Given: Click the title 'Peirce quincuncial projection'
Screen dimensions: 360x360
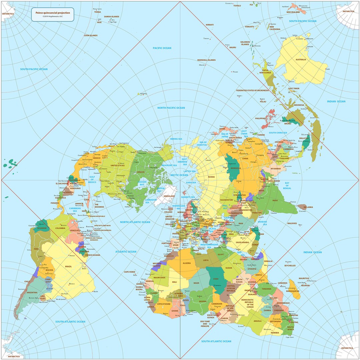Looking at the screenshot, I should [53, 13].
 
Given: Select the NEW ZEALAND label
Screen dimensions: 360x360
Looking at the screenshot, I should [293, 12].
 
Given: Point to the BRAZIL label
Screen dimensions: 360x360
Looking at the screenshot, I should [68, 267].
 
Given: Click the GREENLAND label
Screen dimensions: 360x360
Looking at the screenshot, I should [169, 196].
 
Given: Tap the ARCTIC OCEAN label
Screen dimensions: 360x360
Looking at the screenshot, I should [179, 175].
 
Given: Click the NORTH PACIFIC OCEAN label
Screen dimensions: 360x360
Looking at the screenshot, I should [171, 108].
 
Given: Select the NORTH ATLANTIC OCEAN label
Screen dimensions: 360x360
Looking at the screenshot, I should [135, 222].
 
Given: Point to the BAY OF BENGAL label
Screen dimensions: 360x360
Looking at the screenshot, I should [287, 186].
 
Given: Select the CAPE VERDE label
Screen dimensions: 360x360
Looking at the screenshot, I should [130, 272].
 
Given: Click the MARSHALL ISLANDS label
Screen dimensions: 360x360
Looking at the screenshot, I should [206, 60].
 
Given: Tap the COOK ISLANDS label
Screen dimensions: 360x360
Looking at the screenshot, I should [91, 35].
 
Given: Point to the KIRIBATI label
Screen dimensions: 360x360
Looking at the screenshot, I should [210, 25].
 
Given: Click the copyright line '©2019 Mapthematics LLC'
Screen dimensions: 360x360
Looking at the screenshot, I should [53, 16].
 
